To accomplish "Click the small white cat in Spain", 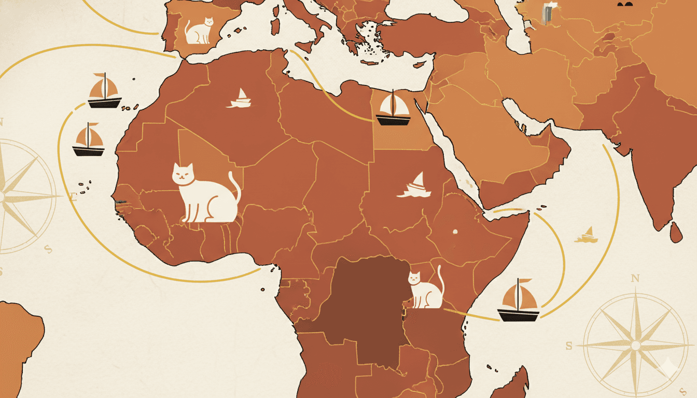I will tap(199, 31).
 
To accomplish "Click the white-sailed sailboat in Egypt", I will tap(393, 109).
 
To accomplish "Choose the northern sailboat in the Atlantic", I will tap(104, 92).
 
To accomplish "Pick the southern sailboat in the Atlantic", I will tap(88, 140).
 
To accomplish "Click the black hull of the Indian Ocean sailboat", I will tap(518, 315).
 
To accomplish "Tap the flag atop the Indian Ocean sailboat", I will tap(525, 281).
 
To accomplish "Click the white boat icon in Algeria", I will tap(239, 98).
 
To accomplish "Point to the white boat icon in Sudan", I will tap(414, 186).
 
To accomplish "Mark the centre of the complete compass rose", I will tap(635, 345).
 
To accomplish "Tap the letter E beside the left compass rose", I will tap(73, 196).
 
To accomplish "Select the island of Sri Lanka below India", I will tap(676, 232).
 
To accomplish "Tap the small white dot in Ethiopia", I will tap(455, 232).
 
